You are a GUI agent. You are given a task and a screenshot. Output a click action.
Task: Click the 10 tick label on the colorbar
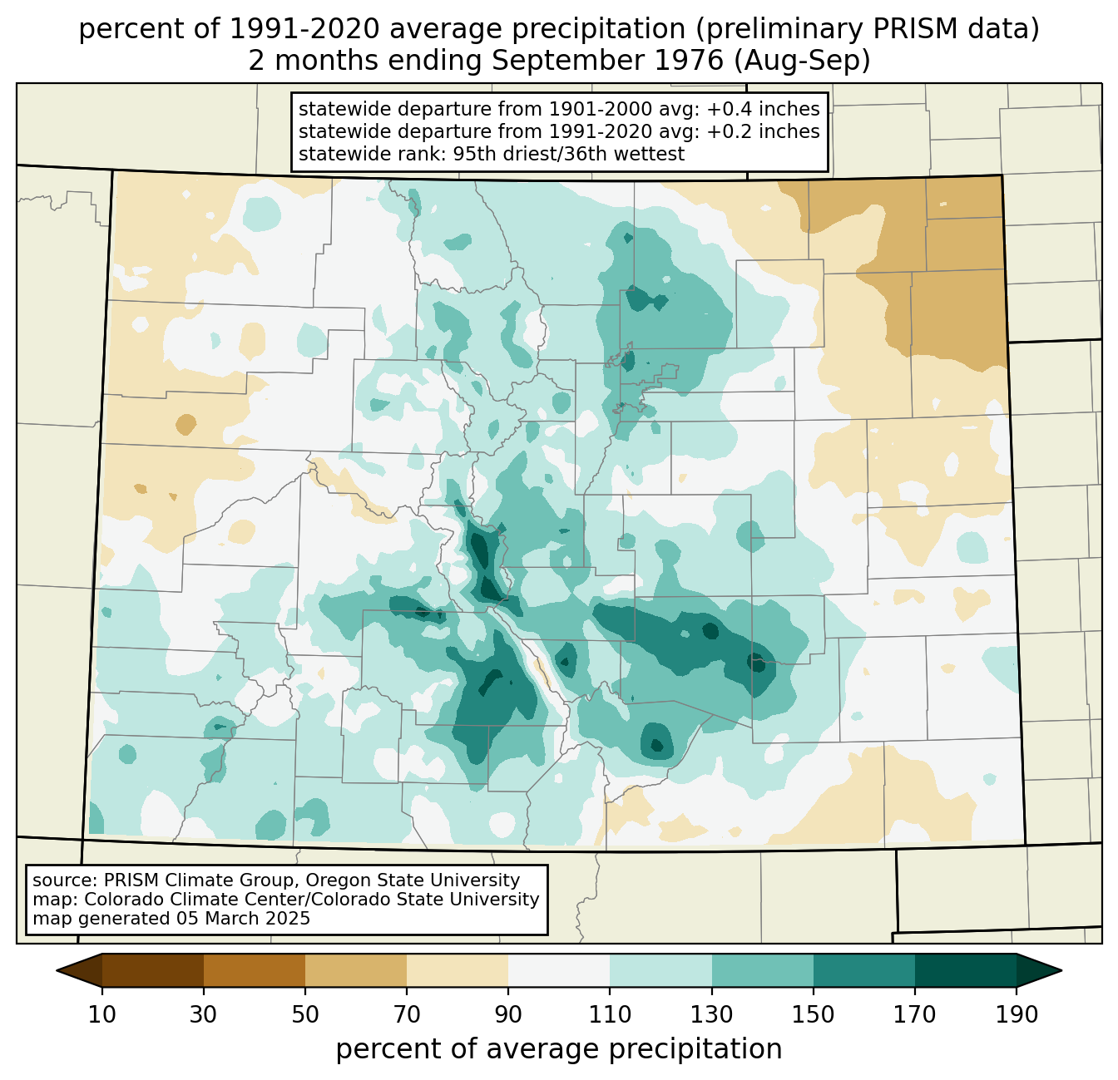click(x=102, y=1015)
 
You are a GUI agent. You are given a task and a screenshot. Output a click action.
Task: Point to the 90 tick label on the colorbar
click(x=508, y=1015)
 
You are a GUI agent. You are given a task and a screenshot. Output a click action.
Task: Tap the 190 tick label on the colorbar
click(x=1016, y=1015)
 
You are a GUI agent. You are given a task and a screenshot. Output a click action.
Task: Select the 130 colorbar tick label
click(x=712, y=1015)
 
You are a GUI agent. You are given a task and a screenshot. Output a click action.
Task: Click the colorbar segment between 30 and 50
click(x=255, y=970)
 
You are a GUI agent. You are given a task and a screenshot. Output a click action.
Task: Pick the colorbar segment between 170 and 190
click(x=965, y=970)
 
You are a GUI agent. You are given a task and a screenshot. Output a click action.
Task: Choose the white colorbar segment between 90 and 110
click(x=559, y=970)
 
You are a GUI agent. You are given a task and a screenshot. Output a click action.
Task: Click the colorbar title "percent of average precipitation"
click(x=559, y=1049)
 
